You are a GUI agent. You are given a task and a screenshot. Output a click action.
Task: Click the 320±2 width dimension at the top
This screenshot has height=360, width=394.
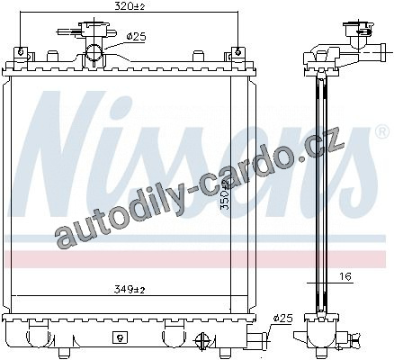pyautogui.click(x=130, y=6)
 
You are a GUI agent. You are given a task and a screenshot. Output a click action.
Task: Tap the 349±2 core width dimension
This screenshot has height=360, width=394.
pyautogui.click(x=130, y=290)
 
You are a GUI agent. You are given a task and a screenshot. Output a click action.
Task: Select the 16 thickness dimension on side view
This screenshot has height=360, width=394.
pyautogui.click(x=346, y=276)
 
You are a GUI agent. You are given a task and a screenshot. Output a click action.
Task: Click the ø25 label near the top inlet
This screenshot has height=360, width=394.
pyautogui.click(x=136, y=37)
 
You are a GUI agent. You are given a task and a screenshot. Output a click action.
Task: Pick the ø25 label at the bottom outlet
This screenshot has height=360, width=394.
pyautogui.click(x=282, y=319)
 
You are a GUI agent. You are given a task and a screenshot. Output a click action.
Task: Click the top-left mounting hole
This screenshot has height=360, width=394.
pyautogui.click(x=21, y=52)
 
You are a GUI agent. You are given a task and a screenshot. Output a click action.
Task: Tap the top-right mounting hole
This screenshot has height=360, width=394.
pyautogui.click(x=237, y=53)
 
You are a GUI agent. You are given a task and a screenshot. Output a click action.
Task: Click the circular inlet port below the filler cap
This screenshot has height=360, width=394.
pyautogui.click(x=94, y=53)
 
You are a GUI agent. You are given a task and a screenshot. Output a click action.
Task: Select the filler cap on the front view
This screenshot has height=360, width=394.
pyautogui.click(x=94, y=29)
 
